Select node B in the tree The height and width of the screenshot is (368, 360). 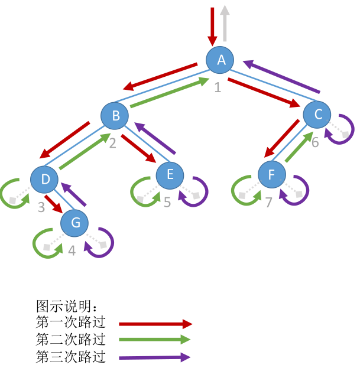click(x=115, y=116)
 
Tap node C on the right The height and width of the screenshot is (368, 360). click(x=318, y=115)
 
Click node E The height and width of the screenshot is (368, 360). click(x=170, y=174)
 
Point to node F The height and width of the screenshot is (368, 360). click(x=272, y=175)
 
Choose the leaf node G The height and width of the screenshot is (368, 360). click(x=75, y=223)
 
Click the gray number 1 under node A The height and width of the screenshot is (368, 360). click(x=218, y=88)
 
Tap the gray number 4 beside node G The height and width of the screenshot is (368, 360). click(x=72, y=250)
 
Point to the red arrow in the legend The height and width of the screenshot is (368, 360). click(x=156, y=324)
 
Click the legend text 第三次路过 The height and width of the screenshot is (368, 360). click(x=70, y=357)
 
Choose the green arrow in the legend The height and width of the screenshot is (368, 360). click(x=155, y=340)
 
